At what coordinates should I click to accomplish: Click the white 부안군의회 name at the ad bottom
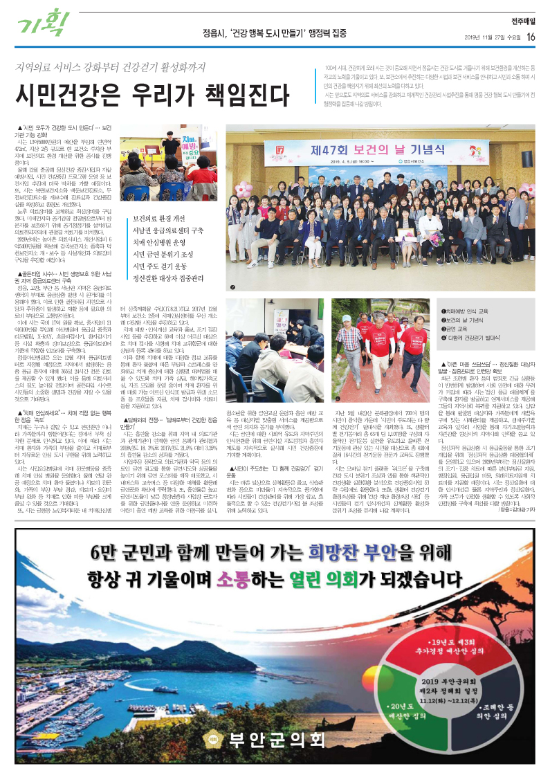point(276,739)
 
